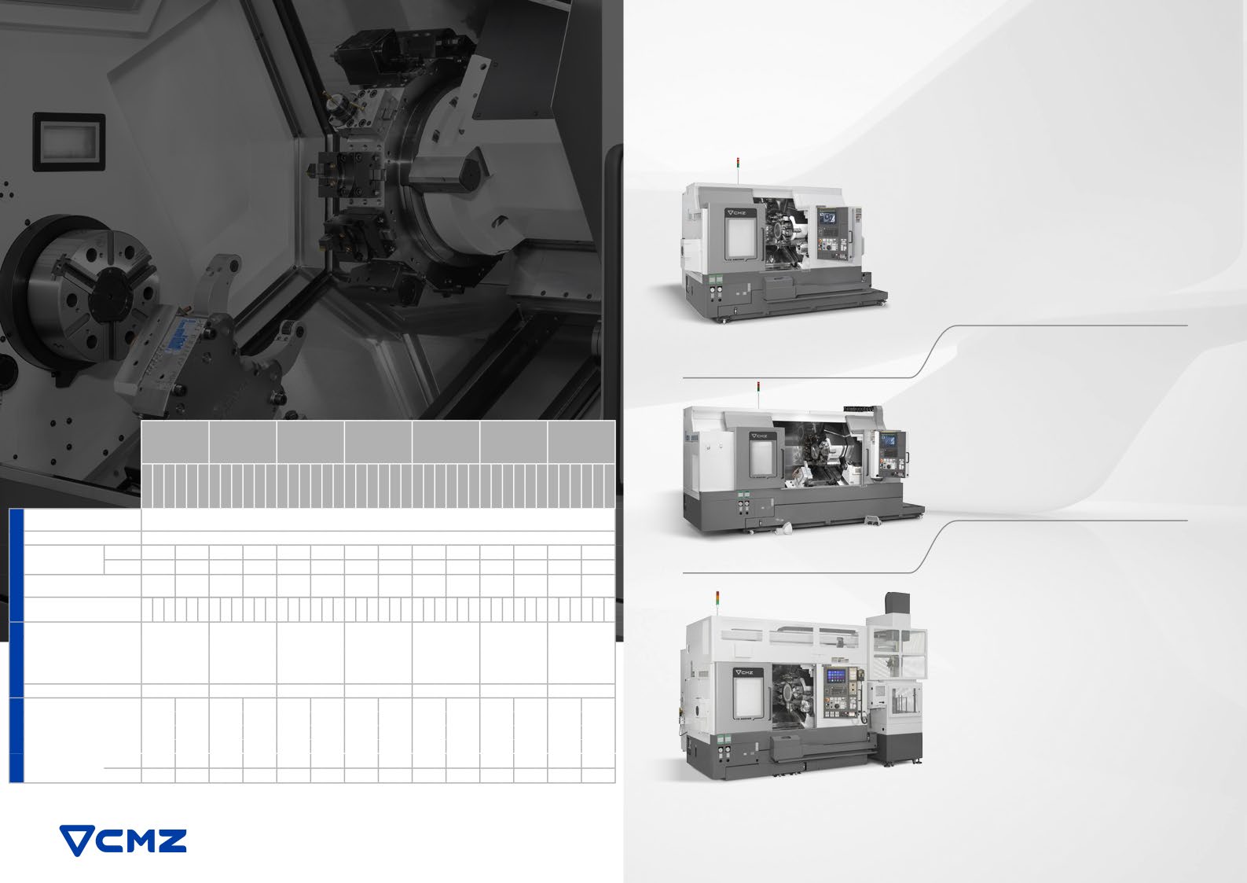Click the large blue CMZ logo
coord(123,840)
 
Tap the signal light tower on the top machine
coord(738,171)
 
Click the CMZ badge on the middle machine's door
coord(759,436)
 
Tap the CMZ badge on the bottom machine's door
coord(744,672)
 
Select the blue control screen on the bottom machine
coord(836,676)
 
